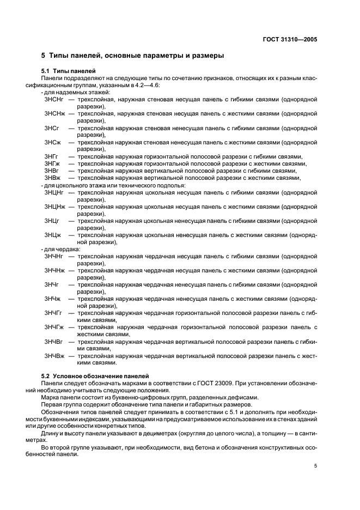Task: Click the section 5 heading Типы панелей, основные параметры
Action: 132,56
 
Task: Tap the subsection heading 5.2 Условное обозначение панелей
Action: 96,376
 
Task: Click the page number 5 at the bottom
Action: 315,466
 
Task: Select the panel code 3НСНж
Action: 54,114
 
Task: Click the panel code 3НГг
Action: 52,156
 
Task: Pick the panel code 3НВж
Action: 52,178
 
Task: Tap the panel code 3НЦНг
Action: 54,192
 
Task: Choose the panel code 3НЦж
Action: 53,235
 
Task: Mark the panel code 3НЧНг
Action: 54,256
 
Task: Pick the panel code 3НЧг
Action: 52,284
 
